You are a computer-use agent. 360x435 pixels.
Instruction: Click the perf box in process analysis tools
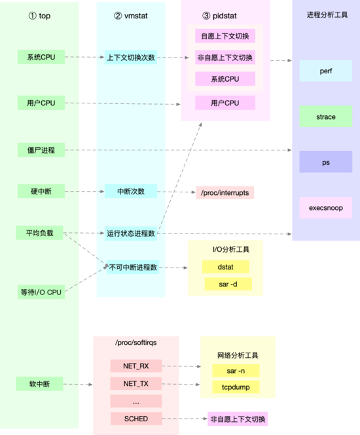pyautogui.click(x=326, y=71)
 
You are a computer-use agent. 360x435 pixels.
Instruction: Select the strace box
pyautogui.click(x=326, y=117)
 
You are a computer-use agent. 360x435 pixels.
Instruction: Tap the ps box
pyautogui.click(x=326, y=162)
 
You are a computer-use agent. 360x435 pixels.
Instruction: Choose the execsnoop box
pyautogui.click(x=326, y=208)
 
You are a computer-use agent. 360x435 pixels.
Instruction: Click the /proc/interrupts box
pyautogui.click(x=225, y=192)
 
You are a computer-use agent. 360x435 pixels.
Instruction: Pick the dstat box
pyautogui.click(x=225, y=266)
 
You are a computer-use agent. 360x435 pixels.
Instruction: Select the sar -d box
pyautogui.click(x=225, y=284)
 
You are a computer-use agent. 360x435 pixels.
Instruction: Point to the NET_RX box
pyautogui.click(x=135, y=366)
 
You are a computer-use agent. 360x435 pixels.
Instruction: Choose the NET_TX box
pyautogui.click(x=135, y=383)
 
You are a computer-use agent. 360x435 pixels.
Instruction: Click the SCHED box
pyautogui.click(x=135, y=419)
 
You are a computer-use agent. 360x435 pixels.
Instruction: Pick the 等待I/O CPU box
pyautogui.click(x=41, y=292)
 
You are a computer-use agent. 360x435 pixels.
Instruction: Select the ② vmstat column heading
pyautogui.click(x=131, y=16)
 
